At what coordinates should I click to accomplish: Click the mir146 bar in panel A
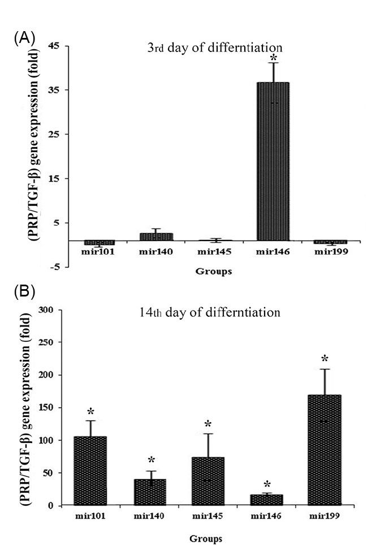(274, 162)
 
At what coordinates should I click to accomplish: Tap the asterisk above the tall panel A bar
(274, 58)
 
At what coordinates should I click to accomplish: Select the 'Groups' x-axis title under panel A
(211, 272)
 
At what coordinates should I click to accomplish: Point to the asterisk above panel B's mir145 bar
(208, 424)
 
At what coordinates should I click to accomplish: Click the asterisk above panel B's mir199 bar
(324, 359)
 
